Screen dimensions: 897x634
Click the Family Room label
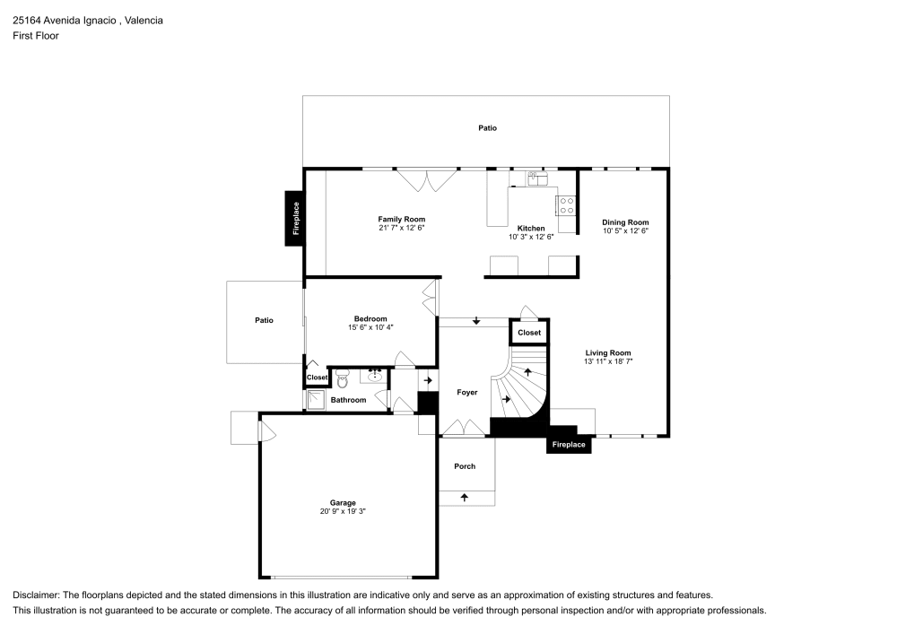[401, 219]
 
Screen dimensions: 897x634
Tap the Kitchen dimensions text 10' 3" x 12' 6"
[531, 237]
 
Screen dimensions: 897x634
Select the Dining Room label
[625, 222]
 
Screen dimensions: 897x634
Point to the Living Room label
[608, 352]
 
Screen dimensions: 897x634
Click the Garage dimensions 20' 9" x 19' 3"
[343, 511]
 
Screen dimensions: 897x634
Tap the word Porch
[465, 466]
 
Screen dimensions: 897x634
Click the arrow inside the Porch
[464, 498]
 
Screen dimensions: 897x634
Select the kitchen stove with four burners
[566, 206]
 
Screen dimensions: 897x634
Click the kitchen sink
[537, 178]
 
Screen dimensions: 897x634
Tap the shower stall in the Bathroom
[317, 400]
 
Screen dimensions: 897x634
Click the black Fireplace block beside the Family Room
[294, 219]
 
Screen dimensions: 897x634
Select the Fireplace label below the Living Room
[569, 444]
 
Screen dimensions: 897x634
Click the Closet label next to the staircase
[529, 332]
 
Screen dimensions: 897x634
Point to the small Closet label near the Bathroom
[317, 378]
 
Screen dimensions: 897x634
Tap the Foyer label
[466, 392]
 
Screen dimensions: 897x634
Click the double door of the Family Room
[427, 180]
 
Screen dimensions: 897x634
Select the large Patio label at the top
[487, 127]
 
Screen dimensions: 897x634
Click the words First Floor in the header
[36, 36]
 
